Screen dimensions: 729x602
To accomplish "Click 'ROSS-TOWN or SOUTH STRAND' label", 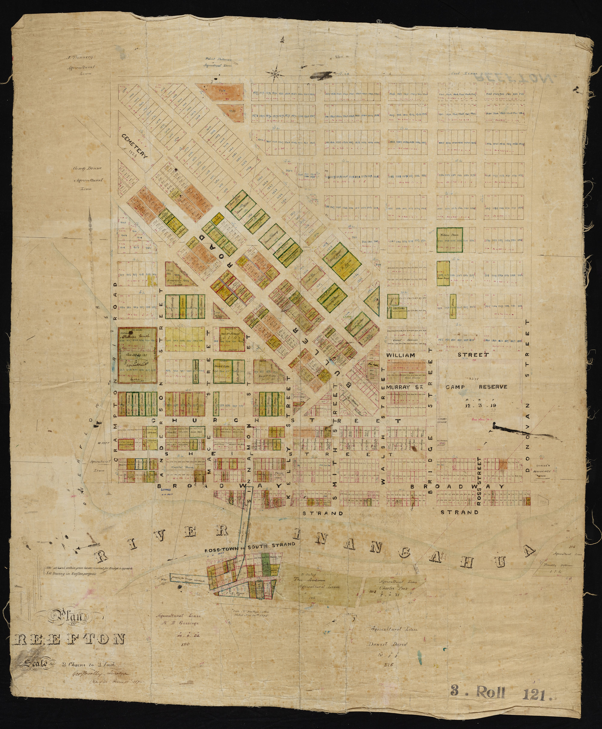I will tap(250, 544).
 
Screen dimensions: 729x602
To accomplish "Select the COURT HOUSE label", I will tap(442, 420).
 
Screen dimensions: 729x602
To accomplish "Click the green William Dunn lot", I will tap(450, 239).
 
